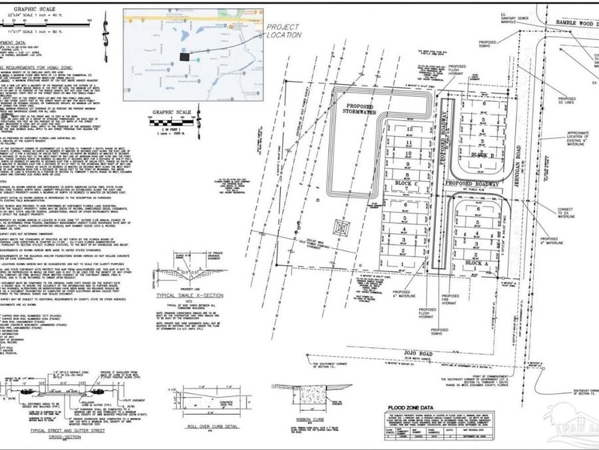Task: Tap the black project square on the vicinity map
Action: pyautogui.click(x=184, y=58)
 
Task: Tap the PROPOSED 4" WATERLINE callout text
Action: pyautogui.click(x=403, y=295)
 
